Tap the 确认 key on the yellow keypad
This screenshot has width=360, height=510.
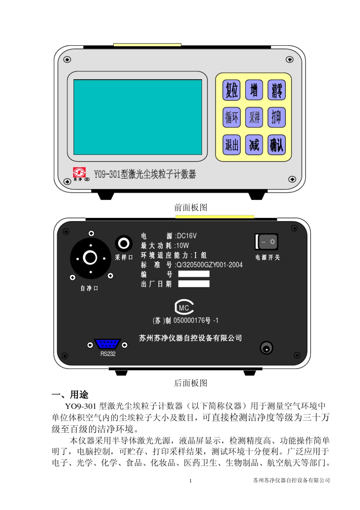point(277,144)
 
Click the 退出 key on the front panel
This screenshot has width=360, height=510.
point(231,144)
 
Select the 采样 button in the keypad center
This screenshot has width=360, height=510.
point(254,117)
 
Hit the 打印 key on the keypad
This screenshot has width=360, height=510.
point(277,117)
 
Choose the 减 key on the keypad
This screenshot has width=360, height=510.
point(254,144)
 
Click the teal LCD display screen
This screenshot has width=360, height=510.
point(138,117)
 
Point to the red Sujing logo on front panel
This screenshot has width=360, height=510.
point(79,173)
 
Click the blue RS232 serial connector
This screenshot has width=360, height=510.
point(107,344)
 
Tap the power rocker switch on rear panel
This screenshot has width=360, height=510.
point(267,242)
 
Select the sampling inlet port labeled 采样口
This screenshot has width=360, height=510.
point(124,243)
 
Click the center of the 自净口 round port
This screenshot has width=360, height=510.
point(90,258)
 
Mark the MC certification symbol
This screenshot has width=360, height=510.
point(184,308)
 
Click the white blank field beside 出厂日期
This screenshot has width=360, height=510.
point(194,284)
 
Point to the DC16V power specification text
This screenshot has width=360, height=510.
point(186,236)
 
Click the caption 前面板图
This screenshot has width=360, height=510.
point(191,207)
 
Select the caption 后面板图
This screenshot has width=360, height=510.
point(191,383)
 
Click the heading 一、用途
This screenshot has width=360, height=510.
point(70,394)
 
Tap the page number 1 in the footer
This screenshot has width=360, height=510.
point(190,481)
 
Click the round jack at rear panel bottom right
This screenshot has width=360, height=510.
point(266,348)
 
